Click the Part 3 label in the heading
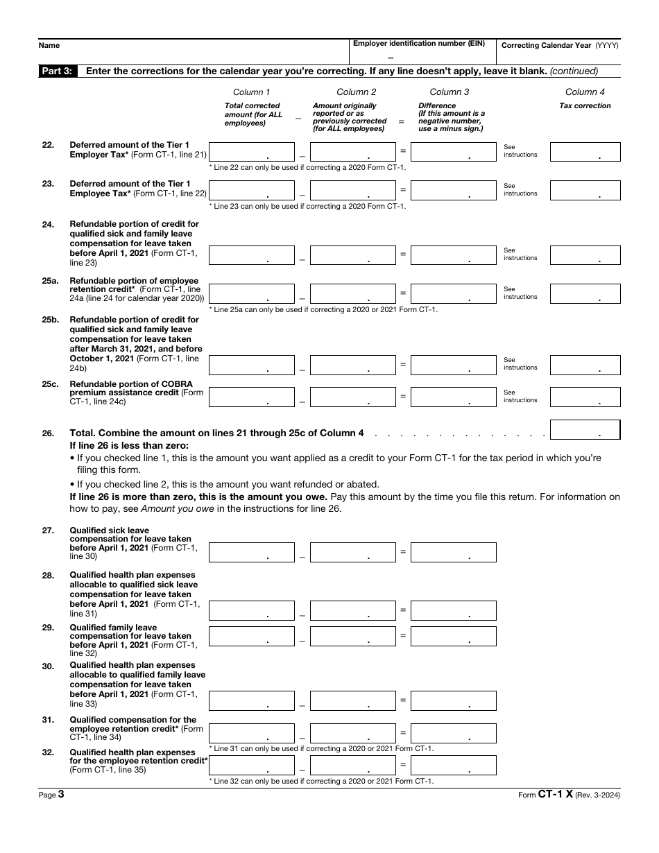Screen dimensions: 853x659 point(58,71)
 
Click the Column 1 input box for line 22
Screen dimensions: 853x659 point(251,152)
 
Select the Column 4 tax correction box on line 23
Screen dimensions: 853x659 point(585,191)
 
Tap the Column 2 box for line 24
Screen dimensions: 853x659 point(352,255)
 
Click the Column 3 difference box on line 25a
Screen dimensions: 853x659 point(453,294)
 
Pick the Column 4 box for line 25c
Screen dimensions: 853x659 point(585,397)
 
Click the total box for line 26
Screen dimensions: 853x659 point(585,430)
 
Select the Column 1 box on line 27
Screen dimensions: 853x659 point(251,552)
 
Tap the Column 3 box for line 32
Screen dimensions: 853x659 point(453,765)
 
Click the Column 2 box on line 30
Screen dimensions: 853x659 point(352,701)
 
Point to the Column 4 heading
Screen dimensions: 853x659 point(585,92)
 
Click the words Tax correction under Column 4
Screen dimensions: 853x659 point(585,106)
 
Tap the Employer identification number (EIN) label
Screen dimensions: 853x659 point(419,44)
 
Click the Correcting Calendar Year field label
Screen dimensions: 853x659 point(559,45)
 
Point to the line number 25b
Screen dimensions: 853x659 point(49,320)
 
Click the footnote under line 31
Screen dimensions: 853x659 point(321,749)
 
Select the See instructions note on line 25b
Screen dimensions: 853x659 point(520,364)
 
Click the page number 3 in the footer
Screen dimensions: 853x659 point(61,795)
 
